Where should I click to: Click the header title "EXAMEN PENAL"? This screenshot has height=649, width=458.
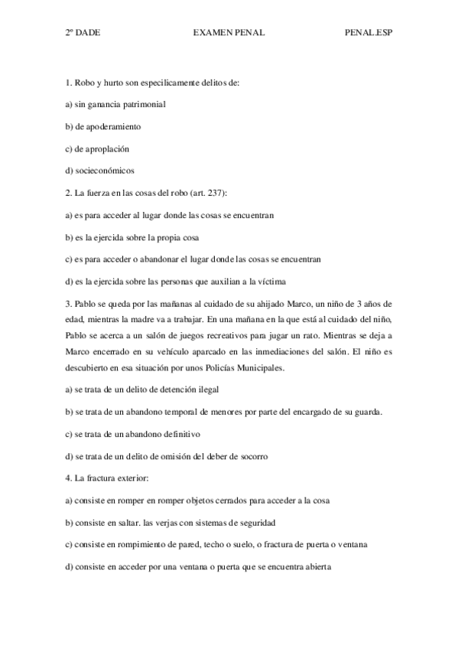(228, 34)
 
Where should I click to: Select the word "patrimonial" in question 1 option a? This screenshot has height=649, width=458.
(144, 103)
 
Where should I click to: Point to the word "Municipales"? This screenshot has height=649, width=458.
(261, 368)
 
